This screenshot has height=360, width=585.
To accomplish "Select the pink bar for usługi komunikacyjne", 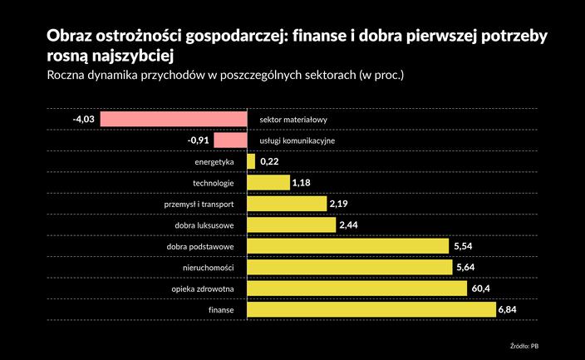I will (x=230, y=141).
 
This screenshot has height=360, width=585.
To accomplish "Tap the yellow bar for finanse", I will (x=371, y=309).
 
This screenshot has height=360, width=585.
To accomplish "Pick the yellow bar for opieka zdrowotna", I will (x=357, y=288).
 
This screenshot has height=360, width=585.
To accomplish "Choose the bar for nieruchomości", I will (x=350, y=268).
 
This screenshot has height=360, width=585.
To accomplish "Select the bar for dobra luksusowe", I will (x=292, y=225).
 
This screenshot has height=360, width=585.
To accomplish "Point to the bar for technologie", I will (x=268, y=183).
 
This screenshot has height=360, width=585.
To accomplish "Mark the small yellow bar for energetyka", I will (x=251, y=161).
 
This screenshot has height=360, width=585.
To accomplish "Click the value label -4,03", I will (x=85, y=120).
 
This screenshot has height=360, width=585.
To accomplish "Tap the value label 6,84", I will (x=508, y=310).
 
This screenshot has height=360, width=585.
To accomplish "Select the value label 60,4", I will (x=481, y=288).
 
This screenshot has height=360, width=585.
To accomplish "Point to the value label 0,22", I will (x=269, y=161).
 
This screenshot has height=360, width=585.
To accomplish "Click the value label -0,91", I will (x=199, y=141).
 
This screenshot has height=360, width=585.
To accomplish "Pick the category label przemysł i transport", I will (x=199, y=204).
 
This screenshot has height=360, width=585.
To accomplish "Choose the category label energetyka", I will (x=214, y=161).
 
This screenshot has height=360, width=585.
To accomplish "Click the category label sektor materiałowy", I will (x=293, y=120).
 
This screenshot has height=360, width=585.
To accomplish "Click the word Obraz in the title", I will (x=70, y=37).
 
